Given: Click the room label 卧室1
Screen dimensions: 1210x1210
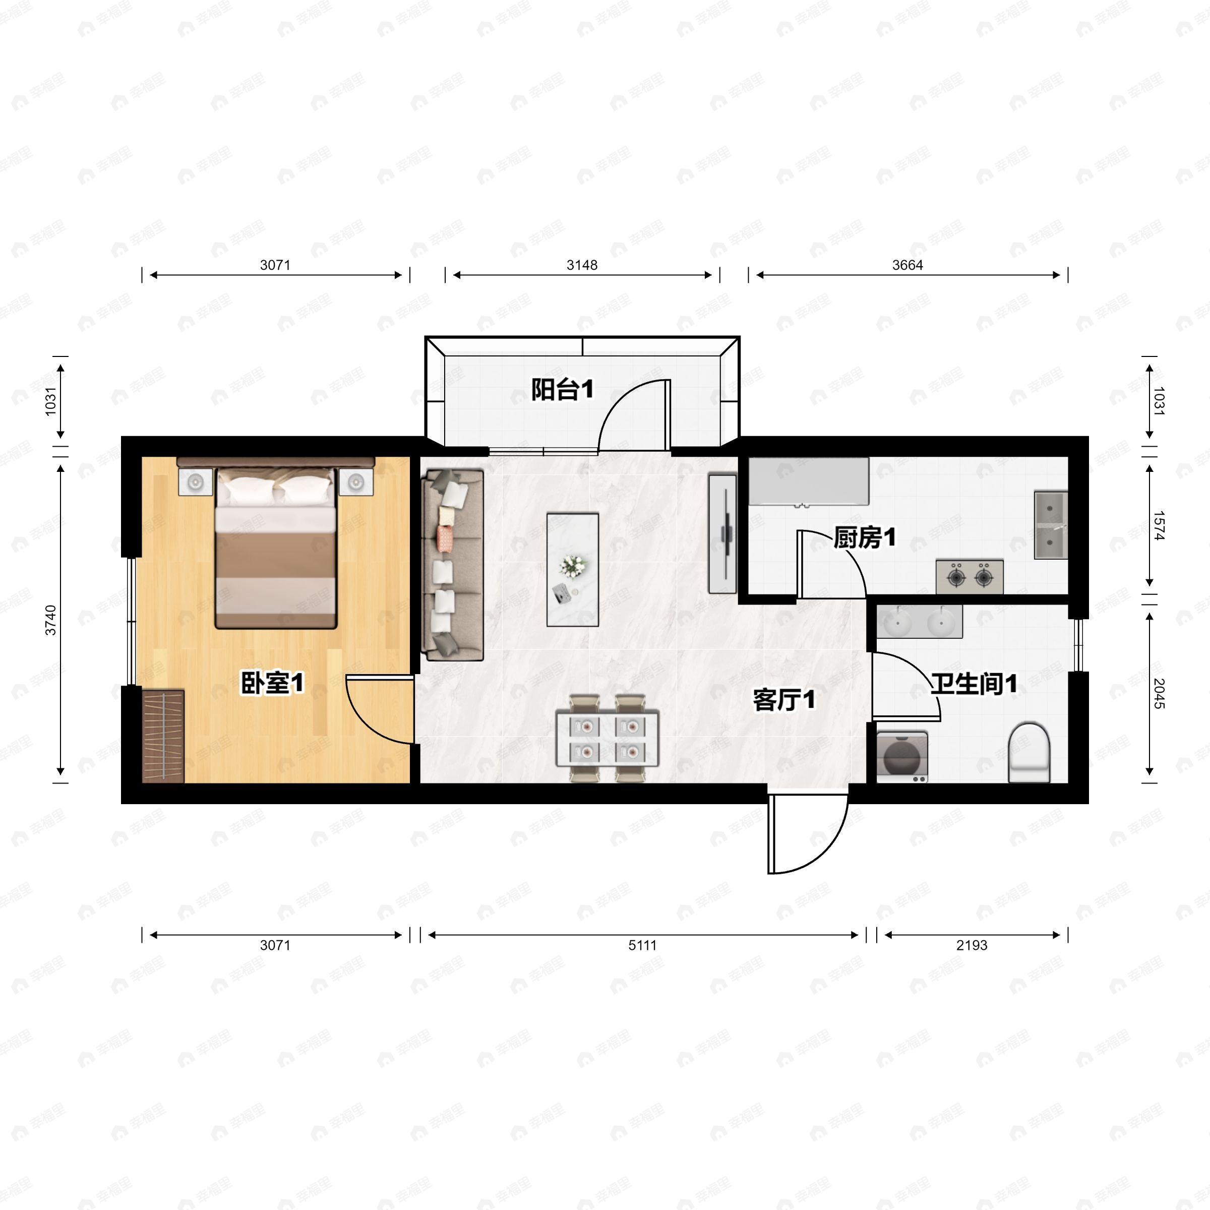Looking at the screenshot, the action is click(272, 683).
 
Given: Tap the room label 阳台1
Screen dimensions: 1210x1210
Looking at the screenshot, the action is click(563, 390).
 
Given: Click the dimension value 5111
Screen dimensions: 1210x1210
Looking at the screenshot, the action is click(643, 945).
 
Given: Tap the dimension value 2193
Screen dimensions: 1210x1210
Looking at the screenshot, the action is click(972, 945).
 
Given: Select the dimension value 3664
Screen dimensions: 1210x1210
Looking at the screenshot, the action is click(907, 265).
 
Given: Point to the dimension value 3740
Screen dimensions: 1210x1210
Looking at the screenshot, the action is click(51, 620).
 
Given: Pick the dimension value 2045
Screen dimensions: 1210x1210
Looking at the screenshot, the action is click(1159, 693).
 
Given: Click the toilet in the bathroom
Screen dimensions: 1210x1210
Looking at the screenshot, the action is click(1028, 752).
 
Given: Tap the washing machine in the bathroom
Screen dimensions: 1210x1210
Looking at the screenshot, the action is click(902, 757).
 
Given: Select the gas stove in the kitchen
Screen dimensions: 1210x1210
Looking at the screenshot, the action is click(970, 577).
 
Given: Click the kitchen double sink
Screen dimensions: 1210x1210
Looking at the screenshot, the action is click(1051, 525).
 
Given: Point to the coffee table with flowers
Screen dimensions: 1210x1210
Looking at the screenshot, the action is click(572, 569).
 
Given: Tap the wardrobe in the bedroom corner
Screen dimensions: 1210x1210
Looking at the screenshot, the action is click(163, 737).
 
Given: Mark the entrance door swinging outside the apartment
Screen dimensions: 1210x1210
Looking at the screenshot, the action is click(808, 833).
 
